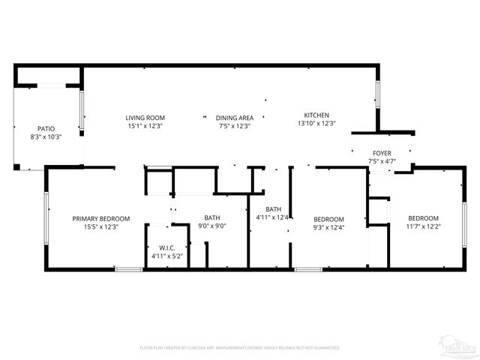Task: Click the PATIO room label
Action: coord(46,128)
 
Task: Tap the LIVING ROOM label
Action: coord(145,118)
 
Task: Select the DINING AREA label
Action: coord(235,118)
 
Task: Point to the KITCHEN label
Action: coord(316,115)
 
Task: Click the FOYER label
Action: coord(381,152)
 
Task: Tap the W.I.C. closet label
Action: coord(166,247)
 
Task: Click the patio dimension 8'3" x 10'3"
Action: coord(46,137)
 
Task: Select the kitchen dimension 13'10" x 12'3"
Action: coord(316,123)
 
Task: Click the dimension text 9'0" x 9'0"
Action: coord(212,226)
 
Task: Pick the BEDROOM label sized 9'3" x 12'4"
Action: coord(328,218)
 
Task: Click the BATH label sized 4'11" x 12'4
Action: coord(273,209)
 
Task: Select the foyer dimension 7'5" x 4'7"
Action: coord(381,161)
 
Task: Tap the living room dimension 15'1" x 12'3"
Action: coord(145,126)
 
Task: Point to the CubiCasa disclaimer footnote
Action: coord(240,348)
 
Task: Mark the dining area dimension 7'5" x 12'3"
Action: coord(235,126)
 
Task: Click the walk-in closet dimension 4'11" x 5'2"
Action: coord(166,256)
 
